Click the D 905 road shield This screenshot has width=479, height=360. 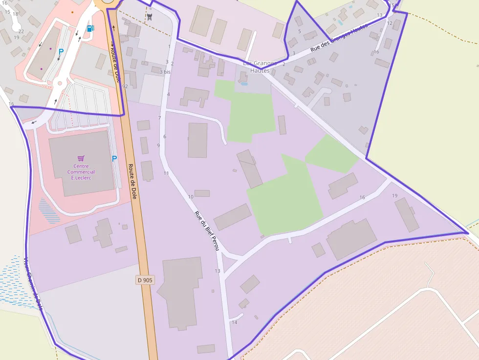point(145,280)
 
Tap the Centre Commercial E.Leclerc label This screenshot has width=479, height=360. point(81,172)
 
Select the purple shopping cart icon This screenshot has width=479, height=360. point(81,158)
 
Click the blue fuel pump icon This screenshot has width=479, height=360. point(90,28)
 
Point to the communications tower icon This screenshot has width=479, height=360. point(150,18)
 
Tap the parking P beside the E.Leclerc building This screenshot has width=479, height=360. point(114,158)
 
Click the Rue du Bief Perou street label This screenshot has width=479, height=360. point(206,231)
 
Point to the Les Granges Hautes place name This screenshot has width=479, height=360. point(260,67)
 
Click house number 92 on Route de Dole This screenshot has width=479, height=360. point(125,86)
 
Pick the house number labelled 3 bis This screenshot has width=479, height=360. point(165,72)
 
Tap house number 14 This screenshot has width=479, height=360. point(235,322)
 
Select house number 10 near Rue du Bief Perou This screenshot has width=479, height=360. point(191,197)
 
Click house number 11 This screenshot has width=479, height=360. point(166,173)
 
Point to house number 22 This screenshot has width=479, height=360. point(21,31)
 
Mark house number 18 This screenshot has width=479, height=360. point(15,14)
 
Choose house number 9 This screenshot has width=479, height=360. point(158,146)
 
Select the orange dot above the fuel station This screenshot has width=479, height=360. point(72,12)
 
